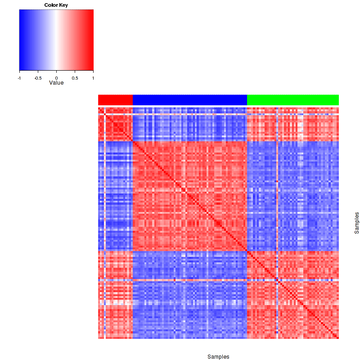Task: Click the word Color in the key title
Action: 51,5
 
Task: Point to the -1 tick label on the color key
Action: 19,77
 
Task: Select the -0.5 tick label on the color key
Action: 37,77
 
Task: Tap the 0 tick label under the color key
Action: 56,77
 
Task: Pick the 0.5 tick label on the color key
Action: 75,77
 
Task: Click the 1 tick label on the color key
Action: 93,77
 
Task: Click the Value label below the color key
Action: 56,83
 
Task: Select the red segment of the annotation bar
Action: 115,99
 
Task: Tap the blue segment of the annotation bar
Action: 190,99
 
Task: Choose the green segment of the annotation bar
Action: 292,99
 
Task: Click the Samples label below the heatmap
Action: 218,356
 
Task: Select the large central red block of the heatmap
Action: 190,196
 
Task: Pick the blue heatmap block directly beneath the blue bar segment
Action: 190,124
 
